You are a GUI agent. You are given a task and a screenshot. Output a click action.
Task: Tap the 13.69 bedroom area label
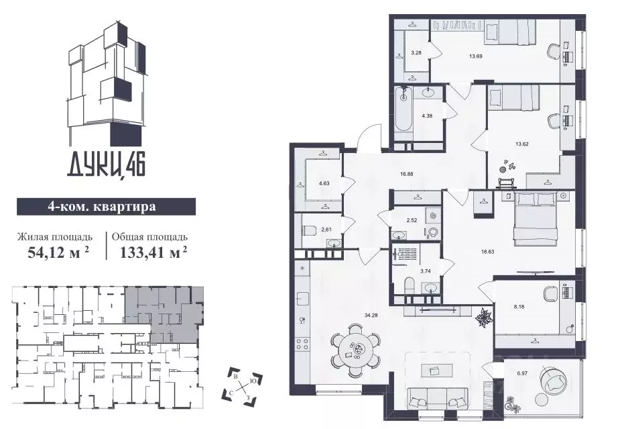(x=477, y=56)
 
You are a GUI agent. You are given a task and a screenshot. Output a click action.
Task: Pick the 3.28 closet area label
(x=416, y=52)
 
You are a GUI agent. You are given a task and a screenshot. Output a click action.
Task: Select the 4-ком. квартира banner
(x=106, y=206)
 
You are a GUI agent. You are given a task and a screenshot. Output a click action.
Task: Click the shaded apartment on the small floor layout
(x=165, y=310)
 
